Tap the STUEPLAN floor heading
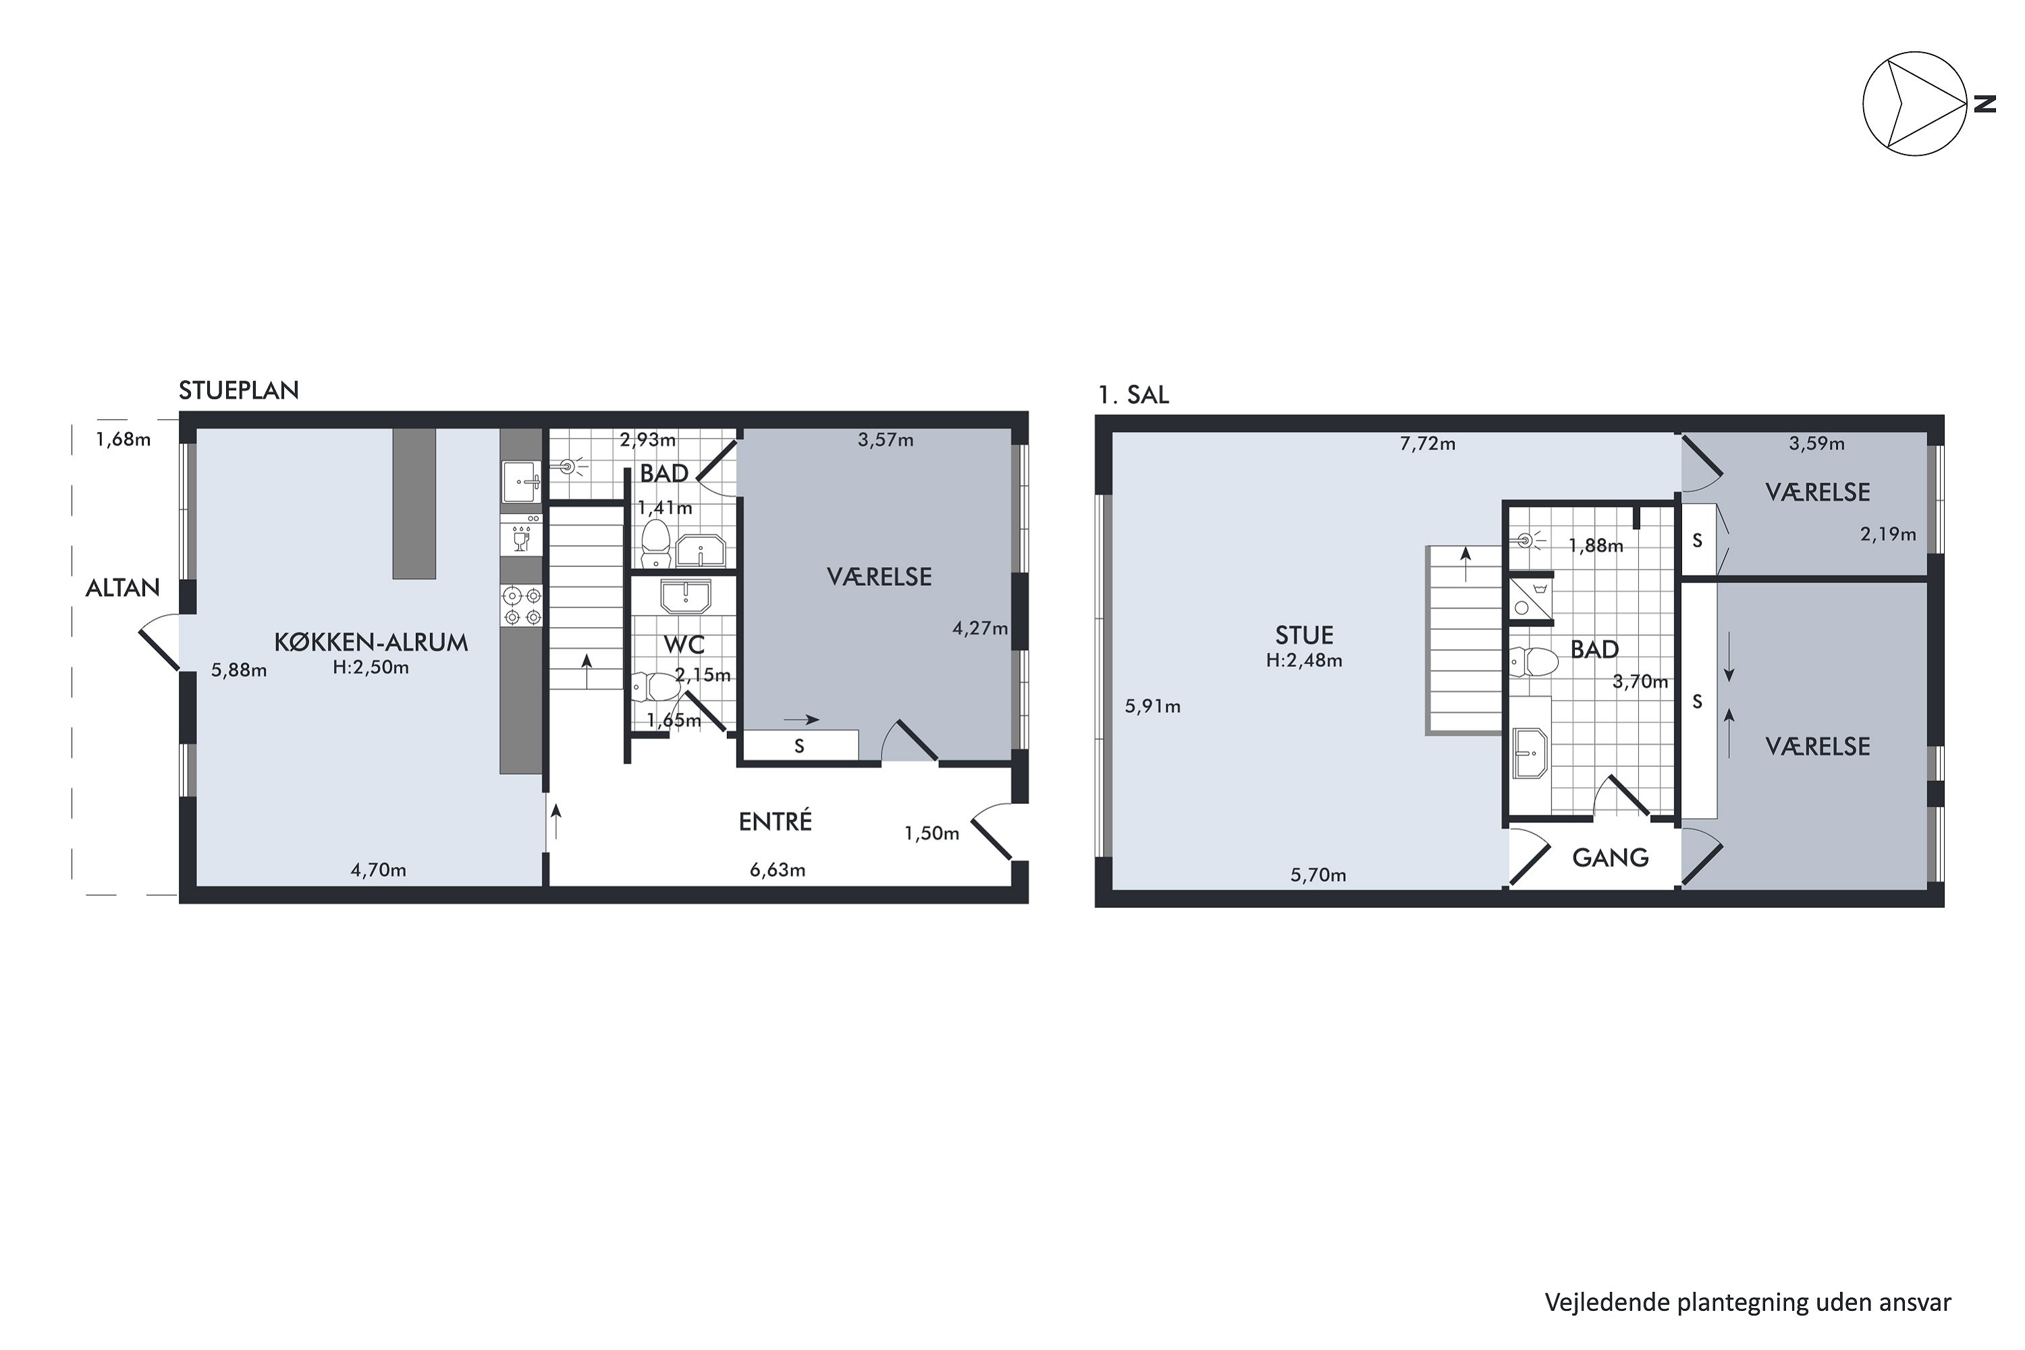pos(238,391)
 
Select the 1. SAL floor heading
pos(1133,395)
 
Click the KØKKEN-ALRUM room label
pos(371,643)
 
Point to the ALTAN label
pos(122,588)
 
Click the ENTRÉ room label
pos(775,822)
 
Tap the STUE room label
pos(1303,635)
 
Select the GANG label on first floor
pos(1610,857)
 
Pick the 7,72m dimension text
pos(1427,444)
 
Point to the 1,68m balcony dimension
pos(123,440)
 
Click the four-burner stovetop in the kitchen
pos(522,605)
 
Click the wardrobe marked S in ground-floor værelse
pos(800,746)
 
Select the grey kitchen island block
pos(414,504)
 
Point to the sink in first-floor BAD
pos(1529,753)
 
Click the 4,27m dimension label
pos(979,628)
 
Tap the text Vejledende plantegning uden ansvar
pos(1747,1303)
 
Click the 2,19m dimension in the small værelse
pos(1887,535)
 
